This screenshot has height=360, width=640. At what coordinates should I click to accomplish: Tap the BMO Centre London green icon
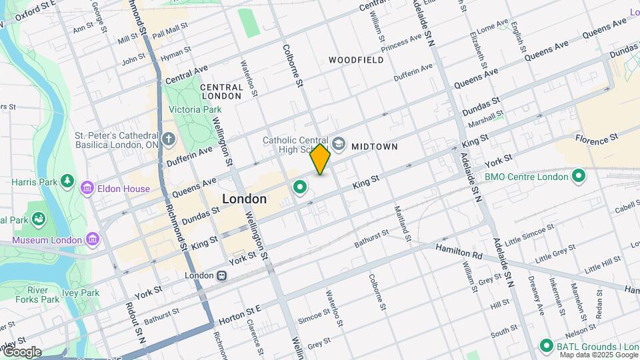579,177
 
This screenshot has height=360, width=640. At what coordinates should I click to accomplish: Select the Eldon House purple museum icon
87,189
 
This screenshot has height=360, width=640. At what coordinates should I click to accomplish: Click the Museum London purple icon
93,239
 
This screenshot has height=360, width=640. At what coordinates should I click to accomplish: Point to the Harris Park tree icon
67,181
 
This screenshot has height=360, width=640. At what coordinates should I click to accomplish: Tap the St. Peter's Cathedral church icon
168,140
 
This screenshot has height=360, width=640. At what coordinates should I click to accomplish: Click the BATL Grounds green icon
547,345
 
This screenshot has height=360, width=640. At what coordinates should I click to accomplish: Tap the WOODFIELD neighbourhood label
355,60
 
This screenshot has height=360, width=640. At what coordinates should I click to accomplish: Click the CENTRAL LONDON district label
221,91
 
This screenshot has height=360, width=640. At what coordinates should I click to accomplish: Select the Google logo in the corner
21,351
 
